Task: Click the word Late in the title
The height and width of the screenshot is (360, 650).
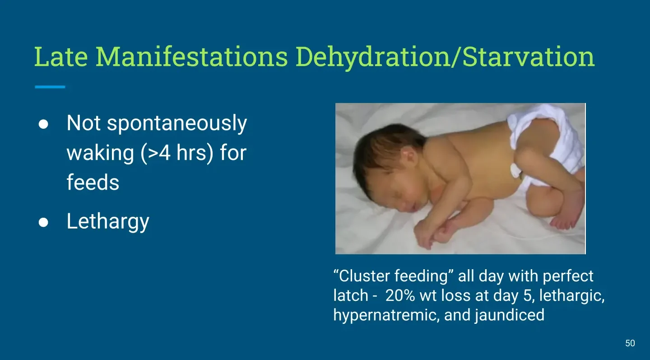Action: (61, 56)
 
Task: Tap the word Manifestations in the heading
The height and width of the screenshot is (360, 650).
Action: (191, 56)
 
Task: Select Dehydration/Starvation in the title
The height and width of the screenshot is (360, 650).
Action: (445, 57)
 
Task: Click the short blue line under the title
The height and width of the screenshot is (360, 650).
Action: (50, 87)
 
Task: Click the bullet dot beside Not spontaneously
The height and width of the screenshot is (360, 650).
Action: (43, 124)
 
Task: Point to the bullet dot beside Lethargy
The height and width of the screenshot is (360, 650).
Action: (43, 222)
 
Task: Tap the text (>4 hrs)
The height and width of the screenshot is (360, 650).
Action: (177, 153)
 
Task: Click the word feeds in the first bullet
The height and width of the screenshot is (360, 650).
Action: (93, 182)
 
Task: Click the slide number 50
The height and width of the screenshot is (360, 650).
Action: (630, 343)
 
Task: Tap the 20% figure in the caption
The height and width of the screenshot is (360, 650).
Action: (400, 295)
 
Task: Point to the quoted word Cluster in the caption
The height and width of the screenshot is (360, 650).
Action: (364, 276)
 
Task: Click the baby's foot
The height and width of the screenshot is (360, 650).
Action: (564, 220)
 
